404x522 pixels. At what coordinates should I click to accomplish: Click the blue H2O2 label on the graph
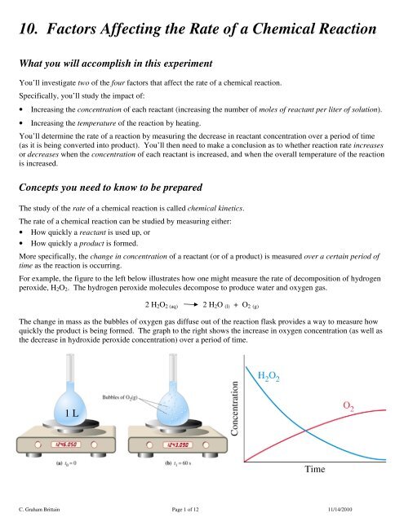[273, 375]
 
